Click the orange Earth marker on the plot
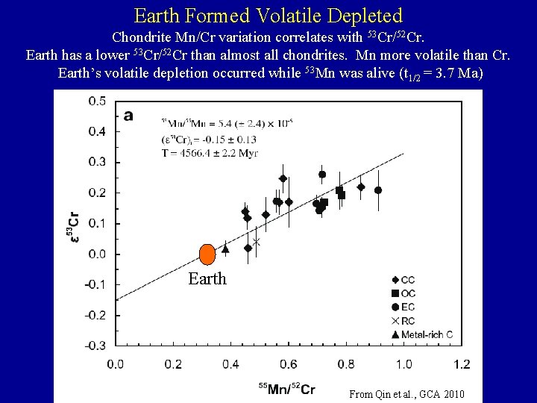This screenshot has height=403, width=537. (x=208, y=254)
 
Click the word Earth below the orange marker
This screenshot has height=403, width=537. (x=207, y=279)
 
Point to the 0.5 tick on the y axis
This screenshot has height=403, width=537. (x=96, y=101)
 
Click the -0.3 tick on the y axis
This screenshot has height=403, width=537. (x=95, y=346)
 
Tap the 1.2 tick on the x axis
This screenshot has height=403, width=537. (x=462, y=363)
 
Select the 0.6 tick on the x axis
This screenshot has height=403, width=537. (x=289, y=363)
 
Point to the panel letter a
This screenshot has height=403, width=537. (x=129, y=115)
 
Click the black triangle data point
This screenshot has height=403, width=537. (x=225, y=249)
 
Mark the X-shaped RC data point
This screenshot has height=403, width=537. (x=257, y=241)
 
